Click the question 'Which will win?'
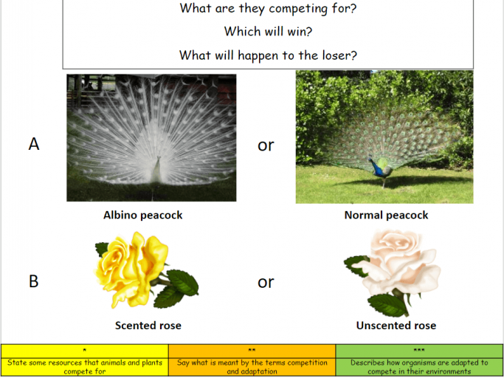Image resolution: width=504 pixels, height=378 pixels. pos(268,32)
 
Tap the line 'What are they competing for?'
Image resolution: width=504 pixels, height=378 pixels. pos(268,8)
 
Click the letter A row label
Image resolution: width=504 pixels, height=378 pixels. pos(34,144)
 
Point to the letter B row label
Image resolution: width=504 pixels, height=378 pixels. pos(34,281)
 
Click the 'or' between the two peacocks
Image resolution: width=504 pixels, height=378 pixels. pos(266,145)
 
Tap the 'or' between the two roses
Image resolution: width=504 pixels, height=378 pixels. pos(266,283)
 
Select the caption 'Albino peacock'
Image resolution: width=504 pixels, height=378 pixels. pos(142,216)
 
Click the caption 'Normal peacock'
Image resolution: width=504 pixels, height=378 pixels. pos(386,216)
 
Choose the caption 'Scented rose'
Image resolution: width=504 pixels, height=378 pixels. pos(148,326)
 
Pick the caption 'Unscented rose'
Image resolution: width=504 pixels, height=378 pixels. pos(396,326)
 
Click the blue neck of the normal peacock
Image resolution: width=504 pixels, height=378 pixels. pos(374,165)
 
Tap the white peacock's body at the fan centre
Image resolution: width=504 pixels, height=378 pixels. pos(157,171)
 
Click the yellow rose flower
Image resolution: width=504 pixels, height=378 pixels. pos(131,269)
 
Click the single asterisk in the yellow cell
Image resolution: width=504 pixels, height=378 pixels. pos(85,350)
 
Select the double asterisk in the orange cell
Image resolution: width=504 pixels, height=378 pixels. pos(252,350)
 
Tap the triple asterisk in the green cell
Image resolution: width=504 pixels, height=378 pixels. pos(419,350)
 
